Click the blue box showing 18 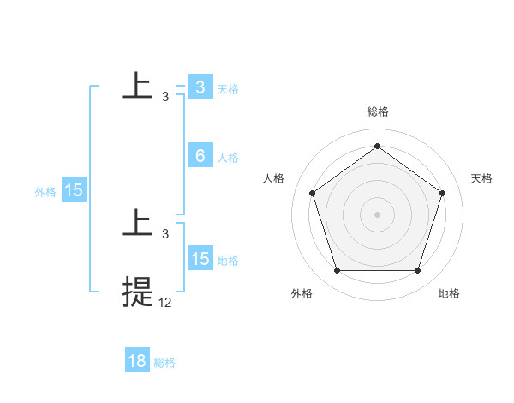tap(137, 361)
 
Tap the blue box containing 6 tap(200, 156)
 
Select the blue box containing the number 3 tap(200, 87)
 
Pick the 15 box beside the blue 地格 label tap(200, 259)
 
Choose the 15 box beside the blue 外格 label tap(74, 190)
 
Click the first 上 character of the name tap(137, 86)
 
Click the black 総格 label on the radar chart tap(378, 112)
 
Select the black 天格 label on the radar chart tap(481, 178)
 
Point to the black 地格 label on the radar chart tap(449, 293)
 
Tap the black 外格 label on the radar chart tap(302, 293)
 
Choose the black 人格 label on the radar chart tap(273, 178)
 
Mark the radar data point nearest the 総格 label tap(377, 146)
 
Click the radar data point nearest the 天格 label tap(443, 193)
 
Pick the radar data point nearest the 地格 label tap(417, 271)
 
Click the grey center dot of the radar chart tap(377, 214)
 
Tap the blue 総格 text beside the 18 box tap(164, 363)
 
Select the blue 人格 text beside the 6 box tap(228, 158)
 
